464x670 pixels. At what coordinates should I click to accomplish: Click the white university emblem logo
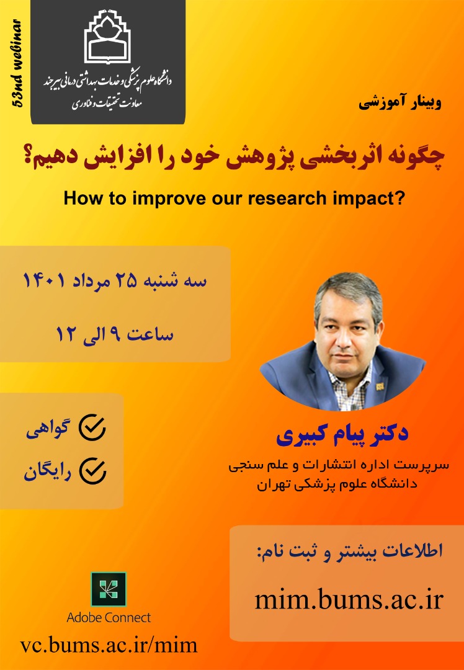(108, 37)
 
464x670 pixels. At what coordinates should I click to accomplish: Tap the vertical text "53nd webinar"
(17, 63)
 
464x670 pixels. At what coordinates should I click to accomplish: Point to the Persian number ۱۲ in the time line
(66, 333)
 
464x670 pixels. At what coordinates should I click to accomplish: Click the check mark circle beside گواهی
(92, 427)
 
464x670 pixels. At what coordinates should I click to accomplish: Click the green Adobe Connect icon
(109, 589)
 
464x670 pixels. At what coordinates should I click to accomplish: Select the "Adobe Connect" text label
(109, 617)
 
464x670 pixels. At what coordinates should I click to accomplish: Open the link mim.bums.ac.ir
(349, 599)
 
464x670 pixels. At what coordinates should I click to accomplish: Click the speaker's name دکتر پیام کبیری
(342, 434)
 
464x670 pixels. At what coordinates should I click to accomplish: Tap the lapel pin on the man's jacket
(380, 386)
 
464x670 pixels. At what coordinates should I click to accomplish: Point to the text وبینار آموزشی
(399, 103)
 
